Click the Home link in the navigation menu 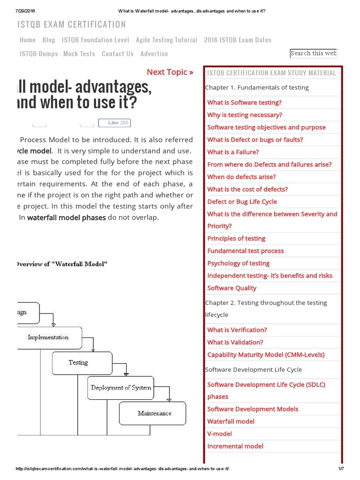(x=28, y=40)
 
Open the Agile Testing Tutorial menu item (x=166, y=40)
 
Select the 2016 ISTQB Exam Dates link (x=238, y=40)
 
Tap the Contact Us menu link (x=118, y=53)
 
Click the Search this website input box (x=313, y=53)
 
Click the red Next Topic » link (x=170, y=72)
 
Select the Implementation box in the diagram (x=48, y=337)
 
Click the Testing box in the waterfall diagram (x=78, y=362)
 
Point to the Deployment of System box (x=121, y=388)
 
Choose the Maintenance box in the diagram (x=154, y=413)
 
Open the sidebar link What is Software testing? (x=244, y=103)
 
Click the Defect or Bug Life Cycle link (x=242, y=202)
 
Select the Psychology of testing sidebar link (x=238, y=263)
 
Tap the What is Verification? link (x=237, y=330)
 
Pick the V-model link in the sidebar (x=219, y=434)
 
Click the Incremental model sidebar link (x=235, y=446)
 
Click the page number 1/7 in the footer (x=341, y=469)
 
